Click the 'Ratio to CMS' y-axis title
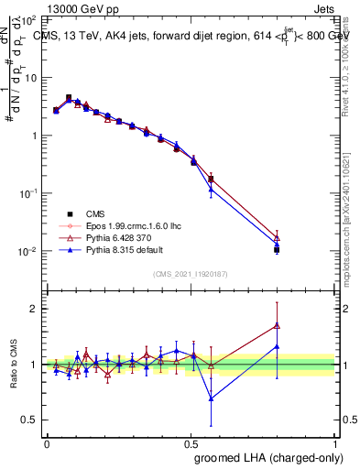(x=13, y=365)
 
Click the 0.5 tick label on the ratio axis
(x=31, y=420)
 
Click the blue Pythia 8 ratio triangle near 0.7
(x=212, y=398)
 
